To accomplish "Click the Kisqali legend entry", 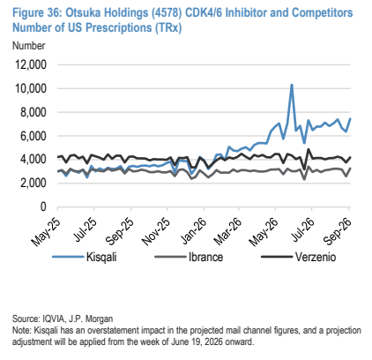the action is pos(85,257).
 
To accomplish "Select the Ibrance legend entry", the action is pos(189,257).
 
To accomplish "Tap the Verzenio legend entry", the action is pos(299,257).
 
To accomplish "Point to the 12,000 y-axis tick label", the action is pos(29,64).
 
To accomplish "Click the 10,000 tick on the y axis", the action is pos(29,88).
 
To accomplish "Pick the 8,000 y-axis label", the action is pos(33,112).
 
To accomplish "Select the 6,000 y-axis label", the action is pos(33,136).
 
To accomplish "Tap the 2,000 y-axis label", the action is pos(33,184).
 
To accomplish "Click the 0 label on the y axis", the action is pos(43,206).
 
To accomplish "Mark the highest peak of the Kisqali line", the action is pos(292,85).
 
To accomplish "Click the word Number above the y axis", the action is pos(29,46).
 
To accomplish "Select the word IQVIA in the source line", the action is pos(53,319).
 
